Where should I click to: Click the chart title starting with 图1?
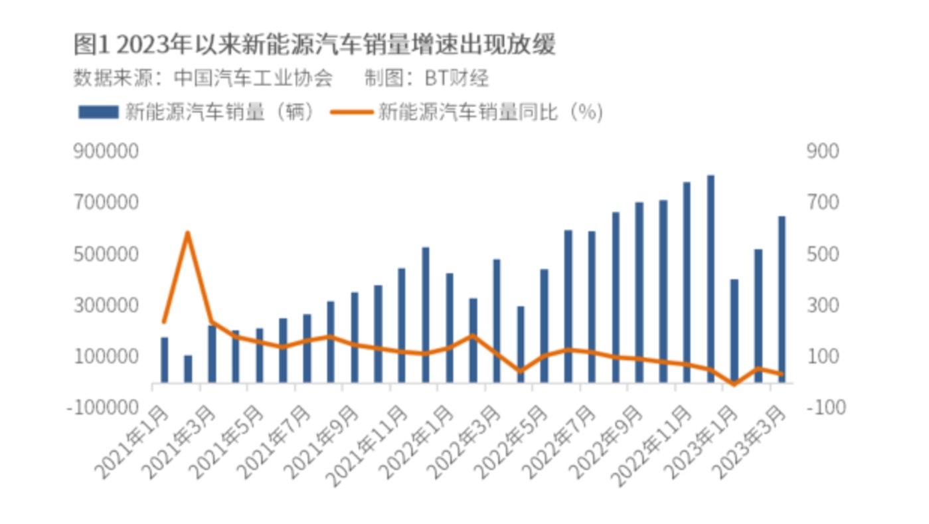(314, 45)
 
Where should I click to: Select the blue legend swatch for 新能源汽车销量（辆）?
(98, 112)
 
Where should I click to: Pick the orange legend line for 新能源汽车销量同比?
(352, 112)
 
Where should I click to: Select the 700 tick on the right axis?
(822, 203)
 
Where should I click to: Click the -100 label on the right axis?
(825, 406)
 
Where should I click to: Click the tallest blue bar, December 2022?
(711, 279)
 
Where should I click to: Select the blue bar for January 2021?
(164, 360)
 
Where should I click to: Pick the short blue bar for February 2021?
(188, 369)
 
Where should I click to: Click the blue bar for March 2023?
(782, 299)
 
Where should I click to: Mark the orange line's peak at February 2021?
(188, 232)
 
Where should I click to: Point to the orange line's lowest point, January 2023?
(734, 384)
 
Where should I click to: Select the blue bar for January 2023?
(734, 329)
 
